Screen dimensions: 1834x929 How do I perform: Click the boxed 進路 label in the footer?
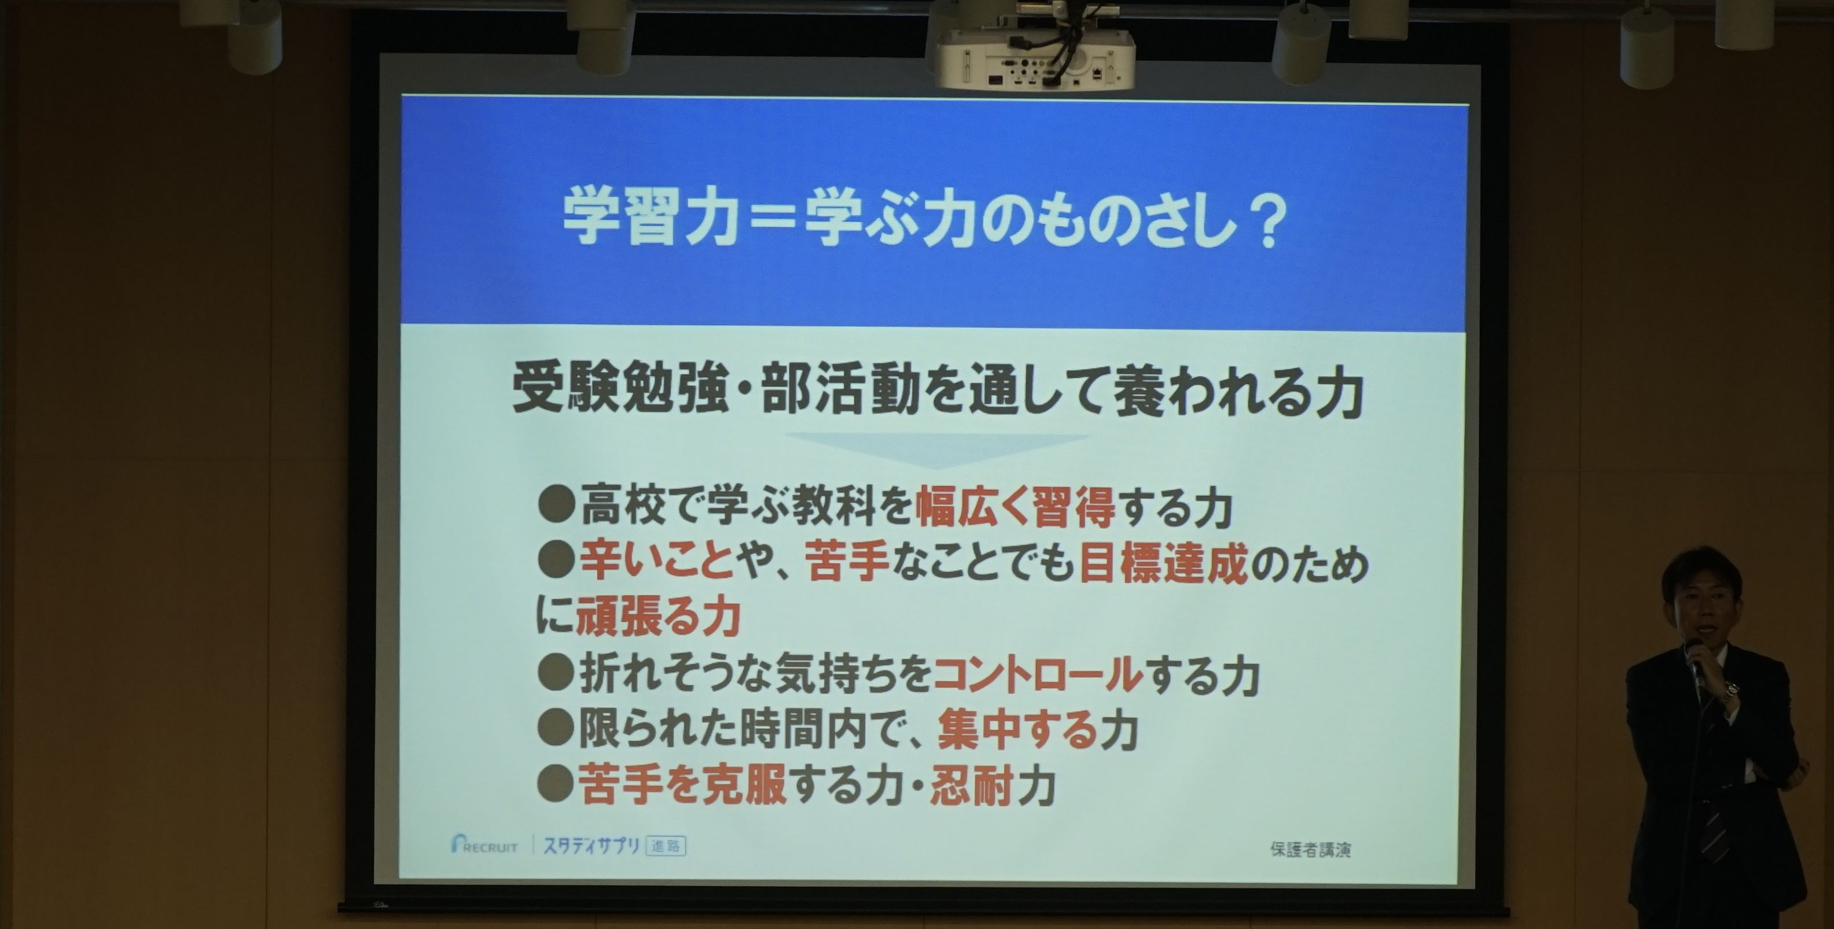666,846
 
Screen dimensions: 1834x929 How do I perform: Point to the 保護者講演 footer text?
1310,849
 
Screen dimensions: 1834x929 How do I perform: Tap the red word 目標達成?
1164,564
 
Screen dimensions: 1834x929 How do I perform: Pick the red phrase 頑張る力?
659,617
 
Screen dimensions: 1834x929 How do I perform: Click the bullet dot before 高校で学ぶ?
557,505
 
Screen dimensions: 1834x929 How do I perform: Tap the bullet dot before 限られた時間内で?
556,728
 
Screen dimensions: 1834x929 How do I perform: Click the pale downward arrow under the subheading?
937,448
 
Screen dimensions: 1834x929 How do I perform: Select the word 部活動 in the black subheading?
840,391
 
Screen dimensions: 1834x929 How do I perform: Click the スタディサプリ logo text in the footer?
591,846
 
